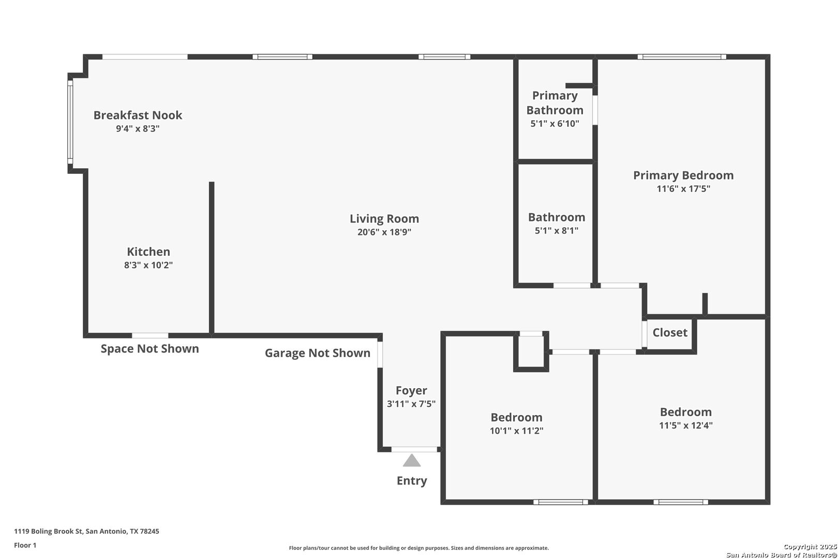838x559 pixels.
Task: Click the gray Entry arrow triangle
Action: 412,461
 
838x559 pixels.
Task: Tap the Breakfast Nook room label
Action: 138,115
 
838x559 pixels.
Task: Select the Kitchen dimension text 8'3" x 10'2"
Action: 148,265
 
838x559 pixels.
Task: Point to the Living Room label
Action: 384,218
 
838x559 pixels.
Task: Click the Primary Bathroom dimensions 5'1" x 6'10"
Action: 555,124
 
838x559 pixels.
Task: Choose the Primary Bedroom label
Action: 683,175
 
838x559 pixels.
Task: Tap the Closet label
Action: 670,332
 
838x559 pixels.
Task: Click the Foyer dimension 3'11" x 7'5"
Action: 411,404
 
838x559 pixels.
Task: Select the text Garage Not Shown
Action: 318,353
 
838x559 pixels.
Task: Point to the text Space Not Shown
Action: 149,348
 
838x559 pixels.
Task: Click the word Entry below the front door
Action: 412,481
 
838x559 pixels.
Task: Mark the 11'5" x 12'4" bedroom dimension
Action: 686,425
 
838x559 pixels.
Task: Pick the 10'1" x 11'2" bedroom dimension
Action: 517,431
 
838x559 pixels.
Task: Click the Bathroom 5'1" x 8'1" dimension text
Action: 556,231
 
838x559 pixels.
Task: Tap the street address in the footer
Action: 86,531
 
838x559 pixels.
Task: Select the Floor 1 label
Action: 25,545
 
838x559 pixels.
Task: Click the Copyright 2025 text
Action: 810,547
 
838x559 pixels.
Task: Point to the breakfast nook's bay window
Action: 70,123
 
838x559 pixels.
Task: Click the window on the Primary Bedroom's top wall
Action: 682,57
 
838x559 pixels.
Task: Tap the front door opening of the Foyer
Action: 414,449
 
